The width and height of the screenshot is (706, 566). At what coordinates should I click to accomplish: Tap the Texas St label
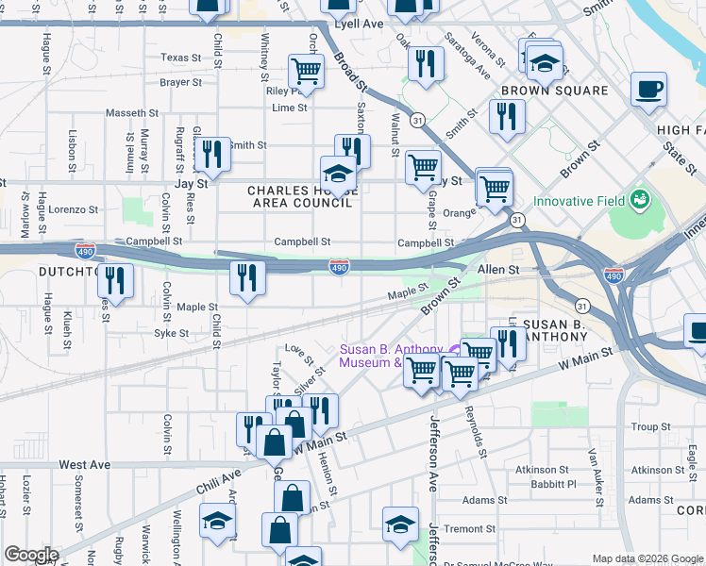(181, 58)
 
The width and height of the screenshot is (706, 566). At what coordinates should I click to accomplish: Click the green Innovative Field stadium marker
(641, 200)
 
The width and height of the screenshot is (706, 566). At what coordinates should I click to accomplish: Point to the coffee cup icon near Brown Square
(648, 91)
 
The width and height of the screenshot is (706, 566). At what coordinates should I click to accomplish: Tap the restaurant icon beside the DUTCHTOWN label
(115, 280)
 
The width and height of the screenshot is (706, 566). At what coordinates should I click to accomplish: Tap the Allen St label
(499, 270)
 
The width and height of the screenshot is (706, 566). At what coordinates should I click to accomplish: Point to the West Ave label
(84, 465)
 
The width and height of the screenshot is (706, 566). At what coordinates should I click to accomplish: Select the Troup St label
(650, 427)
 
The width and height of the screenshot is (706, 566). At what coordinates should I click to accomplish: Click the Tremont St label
(463, 529)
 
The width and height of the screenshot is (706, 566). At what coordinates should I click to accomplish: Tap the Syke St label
(172, 333)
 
